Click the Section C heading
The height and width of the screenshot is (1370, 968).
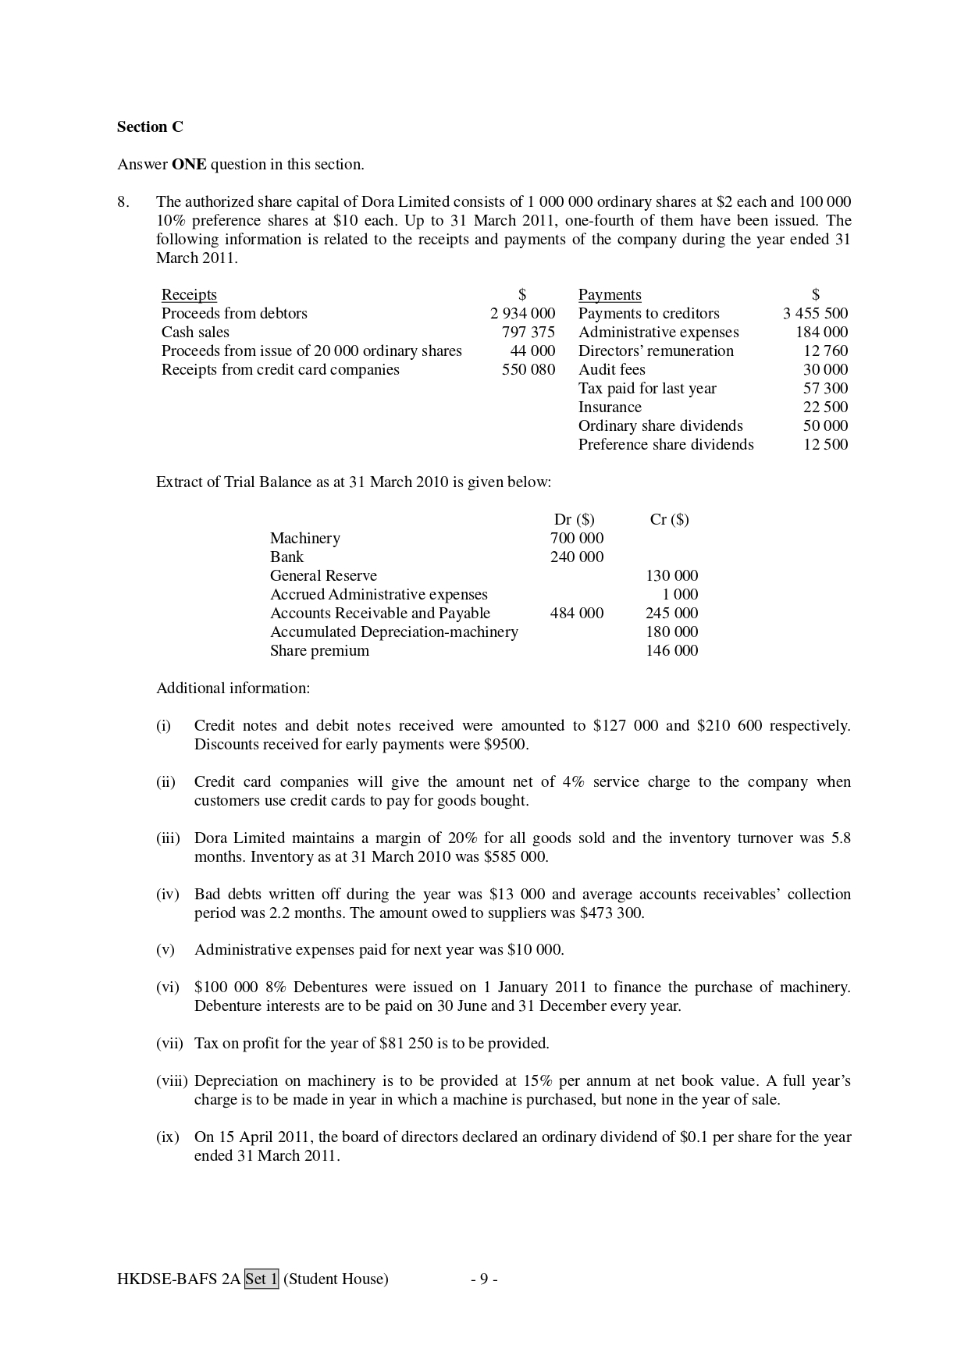click(x=150, y=126)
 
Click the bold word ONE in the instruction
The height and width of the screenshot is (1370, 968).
click(x=189, y=164)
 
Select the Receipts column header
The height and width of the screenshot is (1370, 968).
click(x=189, y=294)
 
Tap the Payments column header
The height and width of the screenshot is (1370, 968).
click(x=610, y=294)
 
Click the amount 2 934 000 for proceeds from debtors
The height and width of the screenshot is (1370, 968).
click(x=522, y=313)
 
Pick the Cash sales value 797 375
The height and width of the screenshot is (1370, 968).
click(x=528, y=332)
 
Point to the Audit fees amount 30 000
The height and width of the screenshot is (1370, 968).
click(x=825, y=369)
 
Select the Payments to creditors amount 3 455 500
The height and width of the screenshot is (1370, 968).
click(x=815, y=313)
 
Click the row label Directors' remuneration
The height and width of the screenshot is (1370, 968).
click(x=656, y=351)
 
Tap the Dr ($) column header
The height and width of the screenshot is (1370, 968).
click(x=574, y=519)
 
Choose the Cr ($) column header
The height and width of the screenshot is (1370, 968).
click(x=669, y=519)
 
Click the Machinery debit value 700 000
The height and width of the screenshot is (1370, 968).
click(x=576, y=538)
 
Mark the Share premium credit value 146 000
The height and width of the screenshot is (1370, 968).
click(x=671, y=650)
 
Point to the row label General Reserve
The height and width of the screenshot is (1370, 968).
click(x=323, y=575)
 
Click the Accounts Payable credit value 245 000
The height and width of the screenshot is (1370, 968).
click(x=671, y=613)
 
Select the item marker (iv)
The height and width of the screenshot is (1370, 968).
click(x=167, y=894)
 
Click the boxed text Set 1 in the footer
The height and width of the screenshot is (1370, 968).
click(x=261, y=1279)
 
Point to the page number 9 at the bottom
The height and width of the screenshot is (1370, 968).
click(x=484, y=1279)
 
